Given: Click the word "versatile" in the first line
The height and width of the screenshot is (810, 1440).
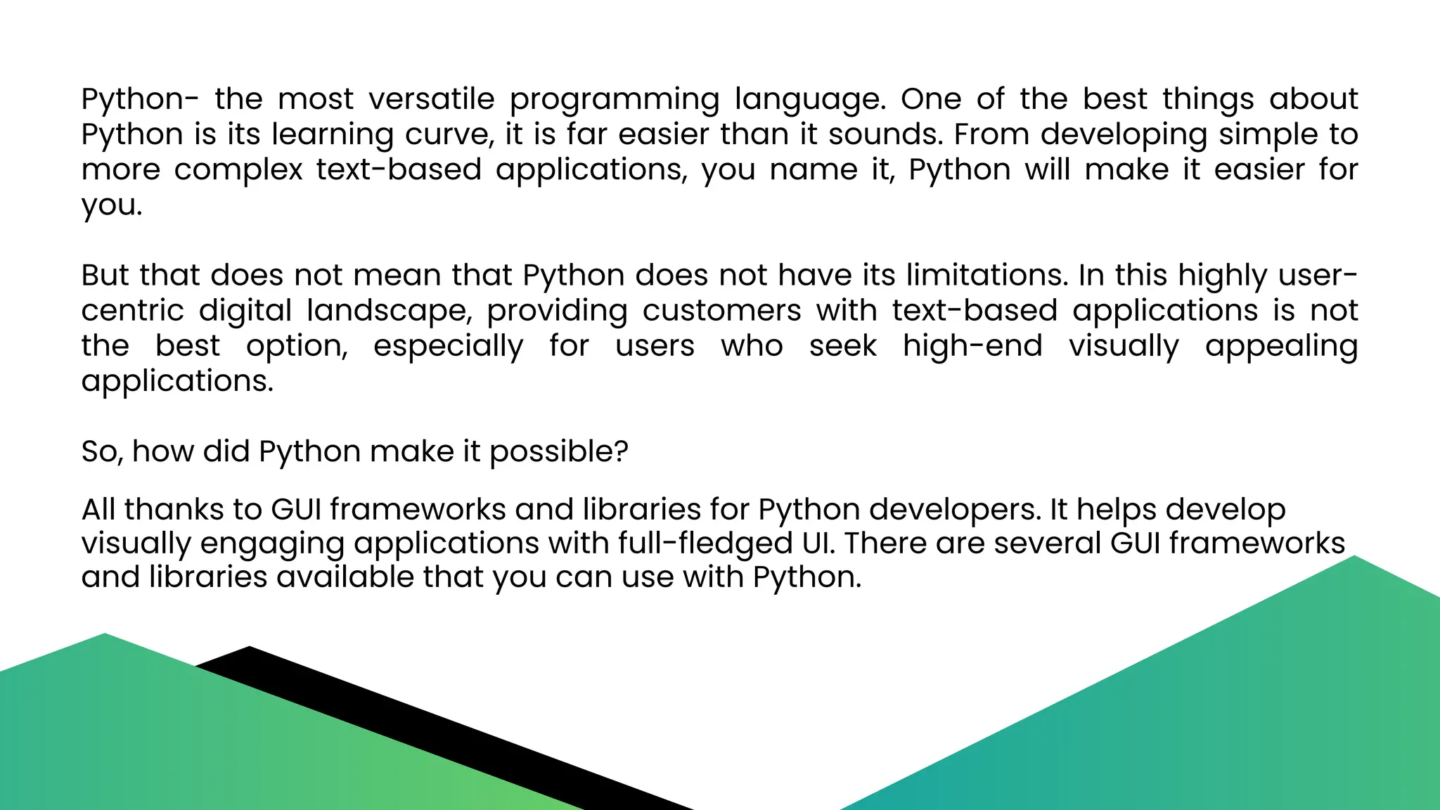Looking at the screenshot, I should coord(432,99).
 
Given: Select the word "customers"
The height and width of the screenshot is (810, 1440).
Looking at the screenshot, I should coord(721,310).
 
